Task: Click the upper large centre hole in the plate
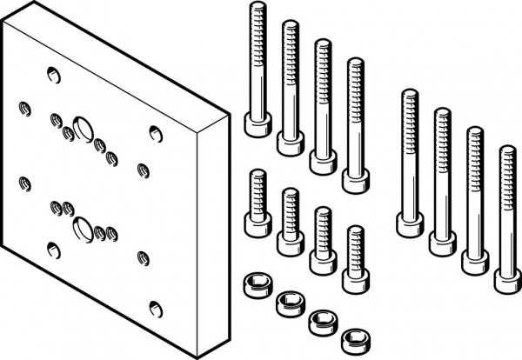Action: pyautogui.click(x=84, y=128)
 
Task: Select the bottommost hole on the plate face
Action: pyautogui.click(x=155, y=307)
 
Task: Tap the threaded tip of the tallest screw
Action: pyautogui.click(x=257, y=10)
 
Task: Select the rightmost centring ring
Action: pyautogui.click(x=352, y=338)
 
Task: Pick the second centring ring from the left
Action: pyautogui.click(x=287, y=303)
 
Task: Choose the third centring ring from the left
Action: pyautogui.click(x=321, y=320)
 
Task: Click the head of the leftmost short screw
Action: pyautogui.click(x=257, y=224)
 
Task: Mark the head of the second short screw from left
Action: pyautogui.click(x=289, y=243)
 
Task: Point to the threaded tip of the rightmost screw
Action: pyautogui.click(x=507, y=154)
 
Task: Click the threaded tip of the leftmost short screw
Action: pyautogui.click(x=257, y=175)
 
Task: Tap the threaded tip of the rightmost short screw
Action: pyautogui.click(x=353, y=231)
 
